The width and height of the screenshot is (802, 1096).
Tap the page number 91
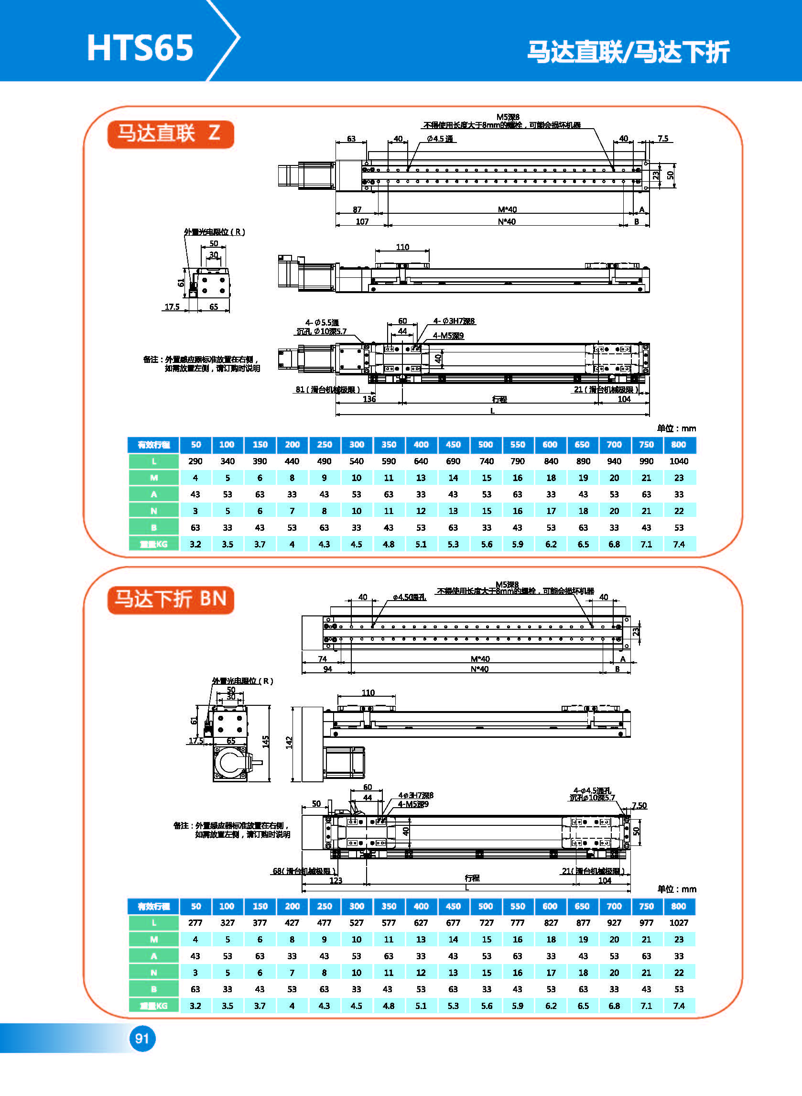pyautogui.click(x=142, y=1038)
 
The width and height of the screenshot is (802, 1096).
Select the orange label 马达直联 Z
pyautogui.click(x=171, y=134)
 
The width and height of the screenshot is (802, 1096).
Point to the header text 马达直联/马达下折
pyautogui.click(x=628, y=52)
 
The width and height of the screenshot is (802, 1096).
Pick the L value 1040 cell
pyautogui.click(x=678, y=461)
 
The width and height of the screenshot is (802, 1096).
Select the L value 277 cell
pyautogui.click(x=195, y=922)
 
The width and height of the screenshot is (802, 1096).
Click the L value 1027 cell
pyautogui.click(x=678, y=922)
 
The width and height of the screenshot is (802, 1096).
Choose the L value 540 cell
pyautogui.click(x=357, y=461)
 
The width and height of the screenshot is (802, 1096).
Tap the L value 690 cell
pyautogui.click(x=453, y=461)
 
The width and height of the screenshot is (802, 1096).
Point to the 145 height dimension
pyautogui.click(x=266, y=742)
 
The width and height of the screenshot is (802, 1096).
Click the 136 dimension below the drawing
pyautogui.click(x=369, y=399)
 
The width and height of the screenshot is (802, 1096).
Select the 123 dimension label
pyautogui.click(x=336, y=880)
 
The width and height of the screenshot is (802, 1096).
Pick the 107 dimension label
pyautogui.click(x=362, y=222)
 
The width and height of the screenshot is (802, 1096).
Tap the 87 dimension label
pyautogui.click(x=357, y=210)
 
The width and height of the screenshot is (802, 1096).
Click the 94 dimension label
pyautogui.click(x=328, y=669)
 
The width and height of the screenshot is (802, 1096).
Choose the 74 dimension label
pyautogui.click(x=322, y=659)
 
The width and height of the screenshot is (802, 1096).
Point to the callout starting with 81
pyautogui.click(x=328, y=389)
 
